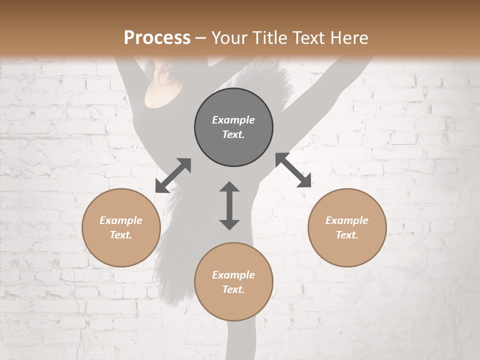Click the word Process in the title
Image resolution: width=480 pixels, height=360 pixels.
[x=157, y=38]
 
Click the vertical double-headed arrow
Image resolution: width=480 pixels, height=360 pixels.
[x=229, y=205]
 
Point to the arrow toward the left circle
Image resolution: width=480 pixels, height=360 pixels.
[x=173, y=175]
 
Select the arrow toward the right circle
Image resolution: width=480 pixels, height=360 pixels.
[x=293, y=170]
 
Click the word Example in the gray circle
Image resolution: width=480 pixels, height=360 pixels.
[x=233, y=120]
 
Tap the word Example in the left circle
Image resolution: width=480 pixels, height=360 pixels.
[x=121, y=220]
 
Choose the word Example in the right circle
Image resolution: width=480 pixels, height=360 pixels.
[x=347, y=220]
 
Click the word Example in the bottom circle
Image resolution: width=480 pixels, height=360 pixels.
[x=233, y=275]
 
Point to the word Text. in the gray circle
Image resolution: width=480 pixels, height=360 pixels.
[x=233, y=134]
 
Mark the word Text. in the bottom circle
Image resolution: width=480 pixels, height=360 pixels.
[x=233, y=289]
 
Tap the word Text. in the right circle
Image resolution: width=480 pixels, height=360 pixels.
[x=347, y=235]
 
